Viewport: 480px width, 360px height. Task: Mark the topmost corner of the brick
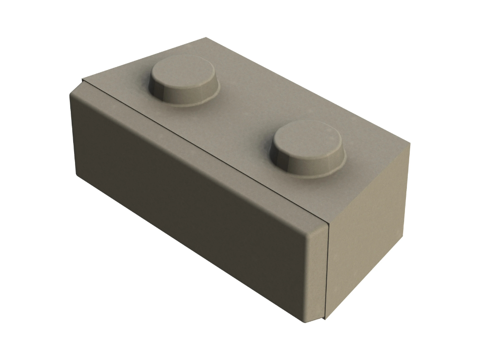click(x=206, y=38)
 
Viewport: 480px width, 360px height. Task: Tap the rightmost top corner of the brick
click(x=410, y=143)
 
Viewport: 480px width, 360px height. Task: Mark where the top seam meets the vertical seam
click(x=329, y=225)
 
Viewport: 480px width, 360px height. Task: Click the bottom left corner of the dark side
click(x=78, y=176)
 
